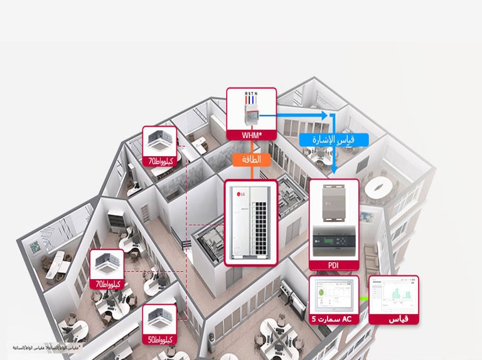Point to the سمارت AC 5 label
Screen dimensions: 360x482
tap(333, 319)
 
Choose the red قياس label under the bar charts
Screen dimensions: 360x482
tap(394, 319)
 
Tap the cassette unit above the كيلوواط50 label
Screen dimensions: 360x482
tap(159, 319)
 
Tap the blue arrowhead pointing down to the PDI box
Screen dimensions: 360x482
tap(335, 170)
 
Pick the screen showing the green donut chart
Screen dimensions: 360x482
tap(333, 295)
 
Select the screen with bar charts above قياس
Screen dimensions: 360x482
tap(394, 295)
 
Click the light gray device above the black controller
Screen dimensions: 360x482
tap(333, 201)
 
